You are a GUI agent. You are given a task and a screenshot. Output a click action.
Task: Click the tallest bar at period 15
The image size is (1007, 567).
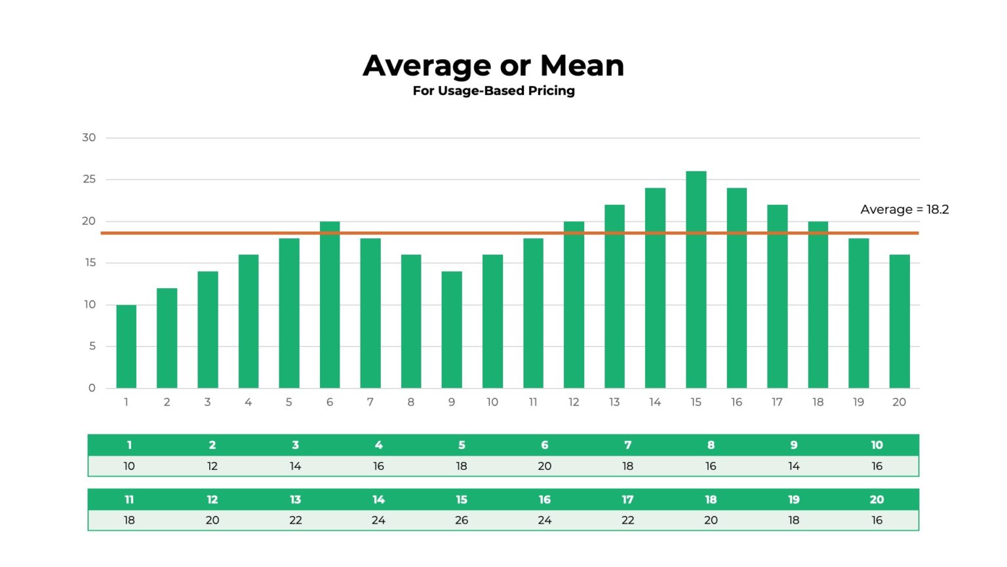click(696, 279)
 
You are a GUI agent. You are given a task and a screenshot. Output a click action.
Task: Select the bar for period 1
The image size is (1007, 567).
click(126, 346)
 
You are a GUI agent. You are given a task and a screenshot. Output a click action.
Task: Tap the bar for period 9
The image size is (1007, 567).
click(452, 329)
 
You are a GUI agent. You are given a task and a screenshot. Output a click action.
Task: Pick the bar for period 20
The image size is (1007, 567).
click(899, 322)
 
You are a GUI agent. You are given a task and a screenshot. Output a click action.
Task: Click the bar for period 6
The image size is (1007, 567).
click(330, 304)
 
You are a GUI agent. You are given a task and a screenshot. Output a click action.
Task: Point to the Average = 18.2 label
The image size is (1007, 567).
click(904, 209)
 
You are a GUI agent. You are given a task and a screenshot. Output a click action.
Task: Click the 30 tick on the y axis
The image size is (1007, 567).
click(89, 138)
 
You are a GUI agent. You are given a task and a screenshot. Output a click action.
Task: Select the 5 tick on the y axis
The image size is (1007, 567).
click(92, 346)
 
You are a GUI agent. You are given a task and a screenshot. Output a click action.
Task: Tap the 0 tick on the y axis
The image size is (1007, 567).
click(92, 388)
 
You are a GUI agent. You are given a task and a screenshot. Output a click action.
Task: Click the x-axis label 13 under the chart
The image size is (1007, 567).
click(614, 402)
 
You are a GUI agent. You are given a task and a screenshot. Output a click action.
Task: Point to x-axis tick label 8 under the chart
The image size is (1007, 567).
click(411, 402)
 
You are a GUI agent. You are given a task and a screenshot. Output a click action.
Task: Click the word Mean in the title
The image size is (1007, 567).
click(582, 66)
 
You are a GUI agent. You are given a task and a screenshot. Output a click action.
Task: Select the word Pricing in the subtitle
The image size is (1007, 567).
click(551, 91)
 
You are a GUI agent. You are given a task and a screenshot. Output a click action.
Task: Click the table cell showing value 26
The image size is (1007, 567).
click(462, 520)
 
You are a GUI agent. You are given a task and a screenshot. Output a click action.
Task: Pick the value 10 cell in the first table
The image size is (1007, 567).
click(129, 466)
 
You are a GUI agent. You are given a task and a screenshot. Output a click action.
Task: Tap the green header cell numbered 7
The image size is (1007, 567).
click(627, 445)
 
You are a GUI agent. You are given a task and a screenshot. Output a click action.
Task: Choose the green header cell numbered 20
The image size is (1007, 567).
click(877, 499)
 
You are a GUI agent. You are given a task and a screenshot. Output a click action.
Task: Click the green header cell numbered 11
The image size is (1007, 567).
click(129, 499)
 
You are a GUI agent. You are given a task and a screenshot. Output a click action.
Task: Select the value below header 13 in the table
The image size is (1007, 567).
click(296, 520)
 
